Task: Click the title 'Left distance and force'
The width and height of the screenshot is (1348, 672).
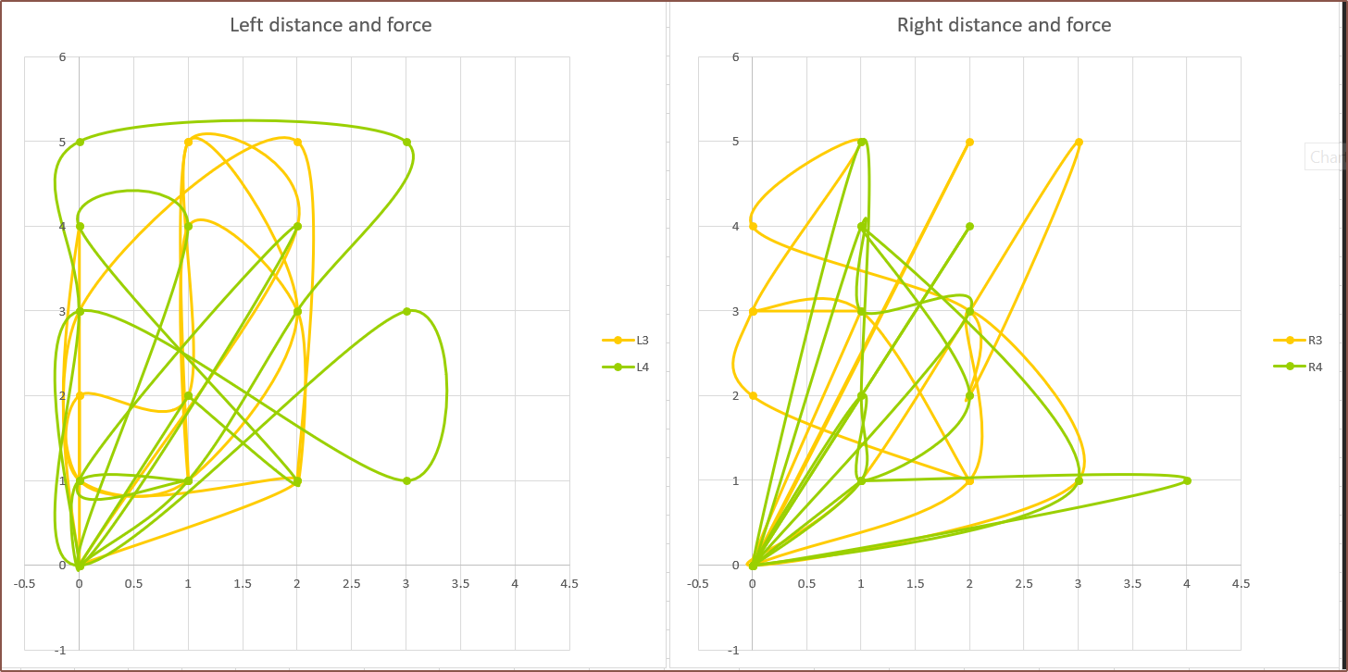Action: (331, 25)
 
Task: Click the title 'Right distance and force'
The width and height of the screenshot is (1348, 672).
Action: (1004, 25)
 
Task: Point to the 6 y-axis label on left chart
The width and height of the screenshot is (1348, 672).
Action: (62, 57)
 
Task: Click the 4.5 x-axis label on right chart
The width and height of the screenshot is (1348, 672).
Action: (1241, 584)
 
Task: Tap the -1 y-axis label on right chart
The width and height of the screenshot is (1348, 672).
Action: (733, 650)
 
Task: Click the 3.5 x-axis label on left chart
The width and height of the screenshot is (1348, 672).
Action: (460, 584)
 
